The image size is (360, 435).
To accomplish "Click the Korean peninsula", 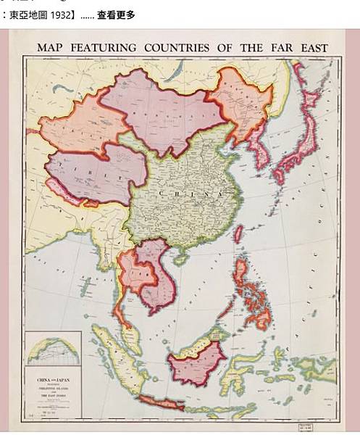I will [259, 156].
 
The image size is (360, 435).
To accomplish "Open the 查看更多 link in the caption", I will [116, 14].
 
